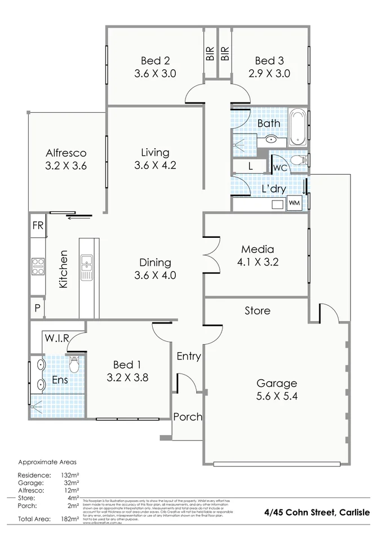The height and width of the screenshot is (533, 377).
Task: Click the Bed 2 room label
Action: click(x=155, y=61)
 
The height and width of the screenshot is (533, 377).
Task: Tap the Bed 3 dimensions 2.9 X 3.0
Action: click(x=269, y=73)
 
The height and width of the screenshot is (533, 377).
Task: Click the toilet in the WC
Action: click(x=299, y=161)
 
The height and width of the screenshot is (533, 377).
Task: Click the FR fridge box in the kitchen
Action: click(x=38, y=225)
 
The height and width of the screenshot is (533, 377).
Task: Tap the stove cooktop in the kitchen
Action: click(x=38, y=265)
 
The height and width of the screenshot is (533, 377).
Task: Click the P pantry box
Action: click(x=37, y=309)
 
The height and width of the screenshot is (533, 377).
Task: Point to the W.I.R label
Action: click(x=57, y=338)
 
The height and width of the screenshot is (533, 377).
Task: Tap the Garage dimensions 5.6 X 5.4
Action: click(x=276, y=396)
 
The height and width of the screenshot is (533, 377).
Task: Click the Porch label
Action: click(x=188, y=417)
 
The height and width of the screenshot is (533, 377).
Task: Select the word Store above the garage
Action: click(x=257, y=310)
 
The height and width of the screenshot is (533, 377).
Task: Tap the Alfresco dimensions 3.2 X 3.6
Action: click(x=65, y=166)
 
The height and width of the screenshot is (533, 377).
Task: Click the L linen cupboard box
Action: click(x=250, y=166)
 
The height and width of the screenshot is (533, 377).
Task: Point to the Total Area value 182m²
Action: click(x=70, y=518)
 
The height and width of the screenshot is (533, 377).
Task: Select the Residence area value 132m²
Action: click(x=70, y=476)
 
